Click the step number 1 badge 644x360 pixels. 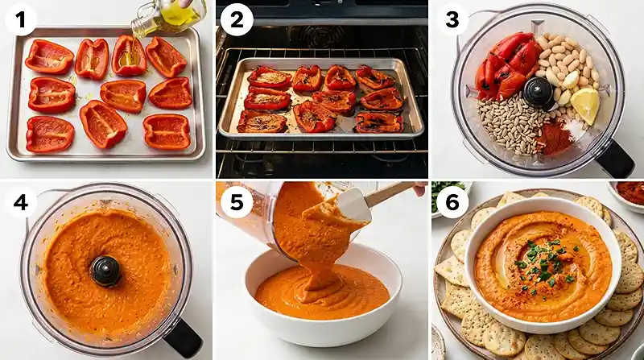tap(19, 19)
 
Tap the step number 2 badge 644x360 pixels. tap(235, 19)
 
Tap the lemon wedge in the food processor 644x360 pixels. tap(586, 105)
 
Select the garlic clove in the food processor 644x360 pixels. tap(571, 80)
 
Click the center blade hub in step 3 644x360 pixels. tap(537, 92)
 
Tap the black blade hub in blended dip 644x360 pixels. tap(105, 270)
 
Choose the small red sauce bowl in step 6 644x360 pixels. tap(629, 192)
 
